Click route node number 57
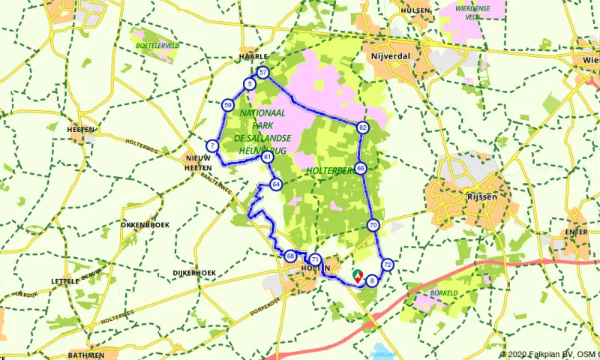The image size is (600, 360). point(262,73)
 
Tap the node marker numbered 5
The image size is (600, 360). point(248,85)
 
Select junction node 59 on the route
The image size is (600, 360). point(227,106)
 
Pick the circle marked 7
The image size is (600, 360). point(212,145)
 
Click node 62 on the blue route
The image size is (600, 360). point(362,128)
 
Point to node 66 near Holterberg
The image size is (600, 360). point(361,169)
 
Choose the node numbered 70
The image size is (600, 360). point(373,225)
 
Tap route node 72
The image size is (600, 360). point(388,265)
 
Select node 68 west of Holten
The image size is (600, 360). point(290,256)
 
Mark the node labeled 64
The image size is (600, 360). point(276,184)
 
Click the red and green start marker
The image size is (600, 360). point(358,275)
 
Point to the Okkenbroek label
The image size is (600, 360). point(145,225)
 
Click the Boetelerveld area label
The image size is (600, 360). point(157,46)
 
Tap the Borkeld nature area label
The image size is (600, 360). point(444,292)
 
